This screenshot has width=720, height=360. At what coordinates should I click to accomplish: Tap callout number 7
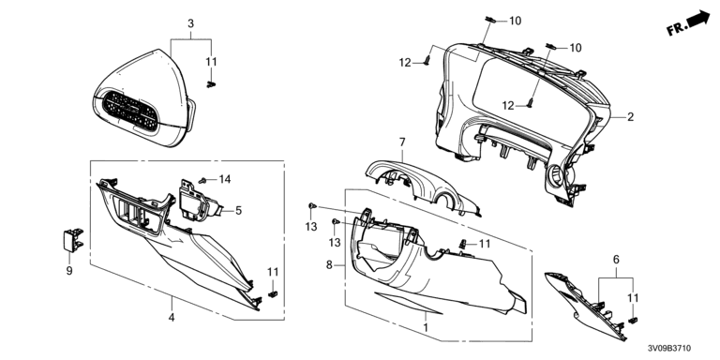tap(402, 142)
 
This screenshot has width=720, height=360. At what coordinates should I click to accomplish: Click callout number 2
tap(630, 117)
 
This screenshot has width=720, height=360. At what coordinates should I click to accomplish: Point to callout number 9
tap(69, 271)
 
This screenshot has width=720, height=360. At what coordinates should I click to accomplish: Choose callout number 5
tap(238, 211)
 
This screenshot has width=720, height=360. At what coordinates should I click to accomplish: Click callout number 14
tap(225, 180)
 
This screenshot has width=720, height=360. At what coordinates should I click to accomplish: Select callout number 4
tap(172, 317)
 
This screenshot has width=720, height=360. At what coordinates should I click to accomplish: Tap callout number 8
tap(329, 265)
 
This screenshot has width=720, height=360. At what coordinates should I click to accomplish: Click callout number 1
tap(426, 328)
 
